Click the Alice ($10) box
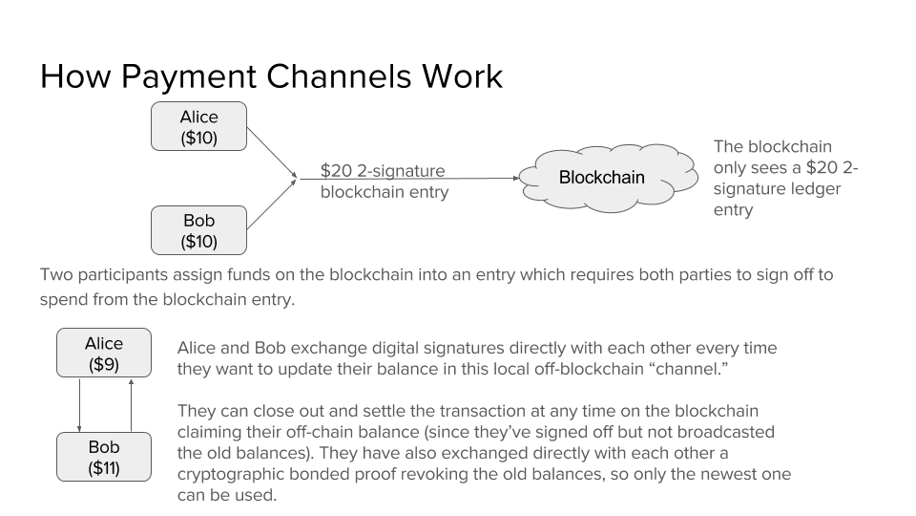point(198,127)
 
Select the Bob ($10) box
point(198,230)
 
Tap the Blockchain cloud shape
point(601,177)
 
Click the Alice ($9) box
point(103,354)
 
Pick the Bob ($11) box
point(103,457)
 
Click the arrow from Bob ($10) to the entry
point(272,204)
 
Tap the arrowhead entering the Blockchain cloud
point(518,178)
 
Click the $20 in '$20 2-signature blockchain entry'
point(338,172)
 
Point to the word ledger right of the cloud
point(812,189)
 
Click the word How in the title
point(72,76)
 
